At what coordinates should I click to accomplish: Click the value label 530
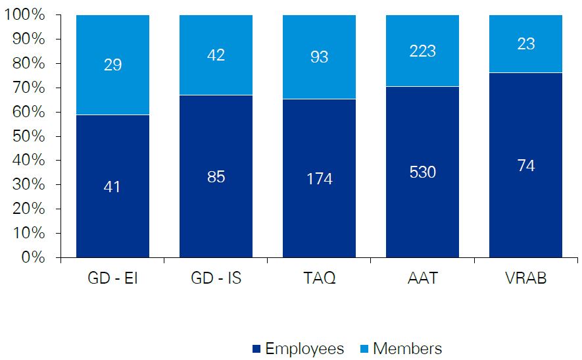pos(422,172)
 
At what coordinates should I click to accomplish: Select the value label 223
pos(422,51)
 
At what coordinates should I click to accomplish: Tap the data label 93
pos(319,57)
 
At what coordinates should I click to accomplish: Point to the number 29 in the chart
pos(112,65)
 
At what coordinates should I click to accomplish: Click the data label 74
pos(525,166)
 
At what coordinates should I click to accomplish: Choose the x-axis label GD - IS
pos(216,278)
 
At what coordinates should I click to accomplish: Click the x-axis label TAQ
pos(319,278)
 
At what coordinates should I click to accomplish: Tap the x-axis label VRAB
pos(525,278)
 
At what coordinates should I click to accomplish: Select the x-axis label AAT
pos(422,278)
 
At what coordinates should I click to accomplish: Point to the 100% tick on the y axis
pos(24,15)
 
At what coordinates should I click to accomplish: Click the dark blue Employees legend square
pos(256,348)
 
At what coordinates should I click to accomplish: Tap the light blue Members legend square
pos(364,348)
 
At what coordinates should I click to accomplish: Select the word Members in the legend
pos(407,348)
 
